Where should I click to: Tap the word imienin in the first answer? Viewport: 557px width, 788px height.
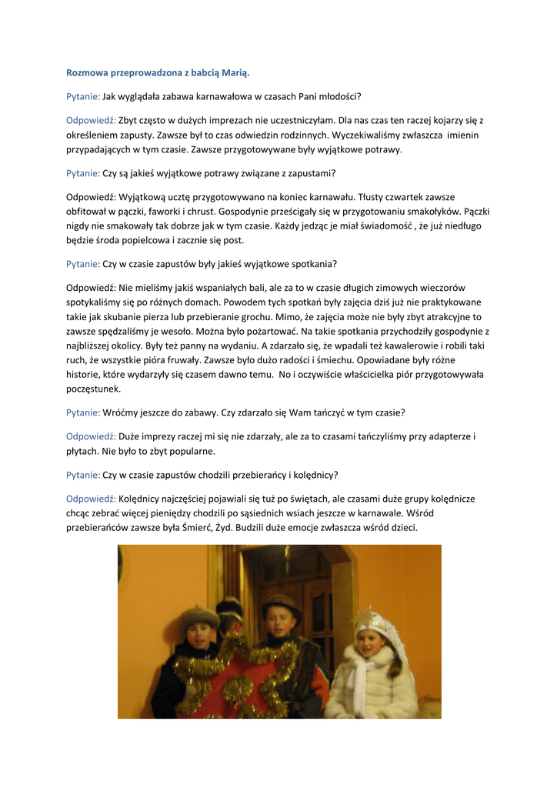click(460, 135)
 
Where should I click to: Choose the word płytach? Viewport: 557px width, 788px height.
click(82, 451)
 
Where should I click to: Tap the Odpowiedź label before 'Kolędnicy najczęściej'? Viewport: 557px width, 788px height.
click(91, 498)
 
